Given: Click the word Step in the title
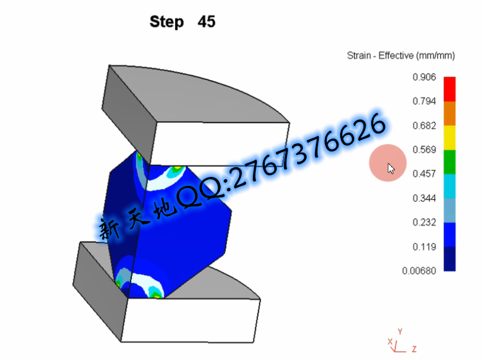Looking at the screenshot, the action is [167, 22].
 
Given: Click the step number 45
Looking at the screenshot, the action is [206, 22].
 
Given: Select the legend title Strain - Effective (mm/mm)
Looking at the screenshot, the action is [401, 56].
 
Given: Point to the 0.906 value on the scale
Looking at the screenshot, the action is [424, 77].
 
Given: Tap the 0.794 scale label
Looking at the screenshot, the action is [424, 101].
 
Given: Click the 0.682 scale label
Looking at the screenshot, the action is [424, 125].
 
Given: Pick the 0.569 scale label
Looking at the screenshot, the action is [424, 150].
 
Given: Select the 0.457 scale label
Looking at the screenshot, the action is [424, 173].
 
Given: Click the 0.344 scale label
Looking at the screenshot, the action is [424, 198].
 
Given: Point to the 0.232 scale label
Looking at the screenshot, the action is [424, 222].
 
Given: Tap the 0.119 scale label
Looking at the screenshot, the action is [424, 247].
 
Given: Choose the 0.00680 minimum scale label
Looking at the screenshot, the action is [419, 270].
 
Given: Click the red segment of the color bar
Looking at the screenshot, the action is [450, 89].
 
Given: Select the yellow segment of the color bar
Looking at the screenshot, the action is [450, 138].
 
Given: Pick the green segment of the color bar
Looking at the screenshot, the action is [450, 162].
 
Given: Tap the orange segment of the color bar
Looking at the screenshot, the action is [450, 113].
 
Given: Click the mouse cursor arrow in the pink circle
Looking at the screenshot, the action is [391, 169].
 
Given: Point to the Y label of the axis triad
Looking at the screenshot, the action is [400, 332].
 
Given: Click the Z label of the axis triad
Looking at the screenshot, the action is [415, 349].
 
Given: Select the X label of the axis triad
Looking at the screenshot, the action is [390, 341].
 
